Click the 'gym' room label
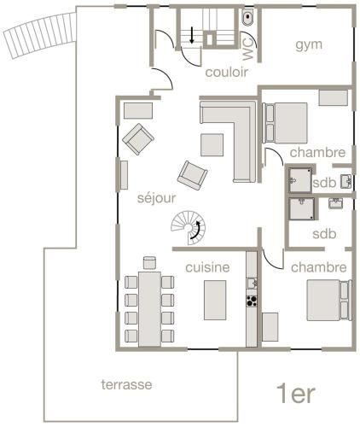coord(309,44)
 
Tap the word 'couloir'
coord(226,72)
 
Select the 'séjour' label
coord(156,197)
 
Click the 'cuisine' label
coord(208,267)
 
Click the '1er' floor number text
coord(296,394)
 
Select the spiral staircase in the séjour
coord(187,227)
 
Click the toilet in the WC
coord(247,17)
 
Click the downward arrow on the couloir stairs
coord(193,36)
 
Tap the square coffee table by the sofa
coord(212,144)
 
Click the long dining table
coord(150,307)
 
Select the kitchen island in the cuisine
coord(215,299)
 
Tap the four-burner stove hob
coord(252,301)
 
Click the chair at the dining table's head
coord(150,262)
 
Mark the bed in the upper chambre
coord(287,120)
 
